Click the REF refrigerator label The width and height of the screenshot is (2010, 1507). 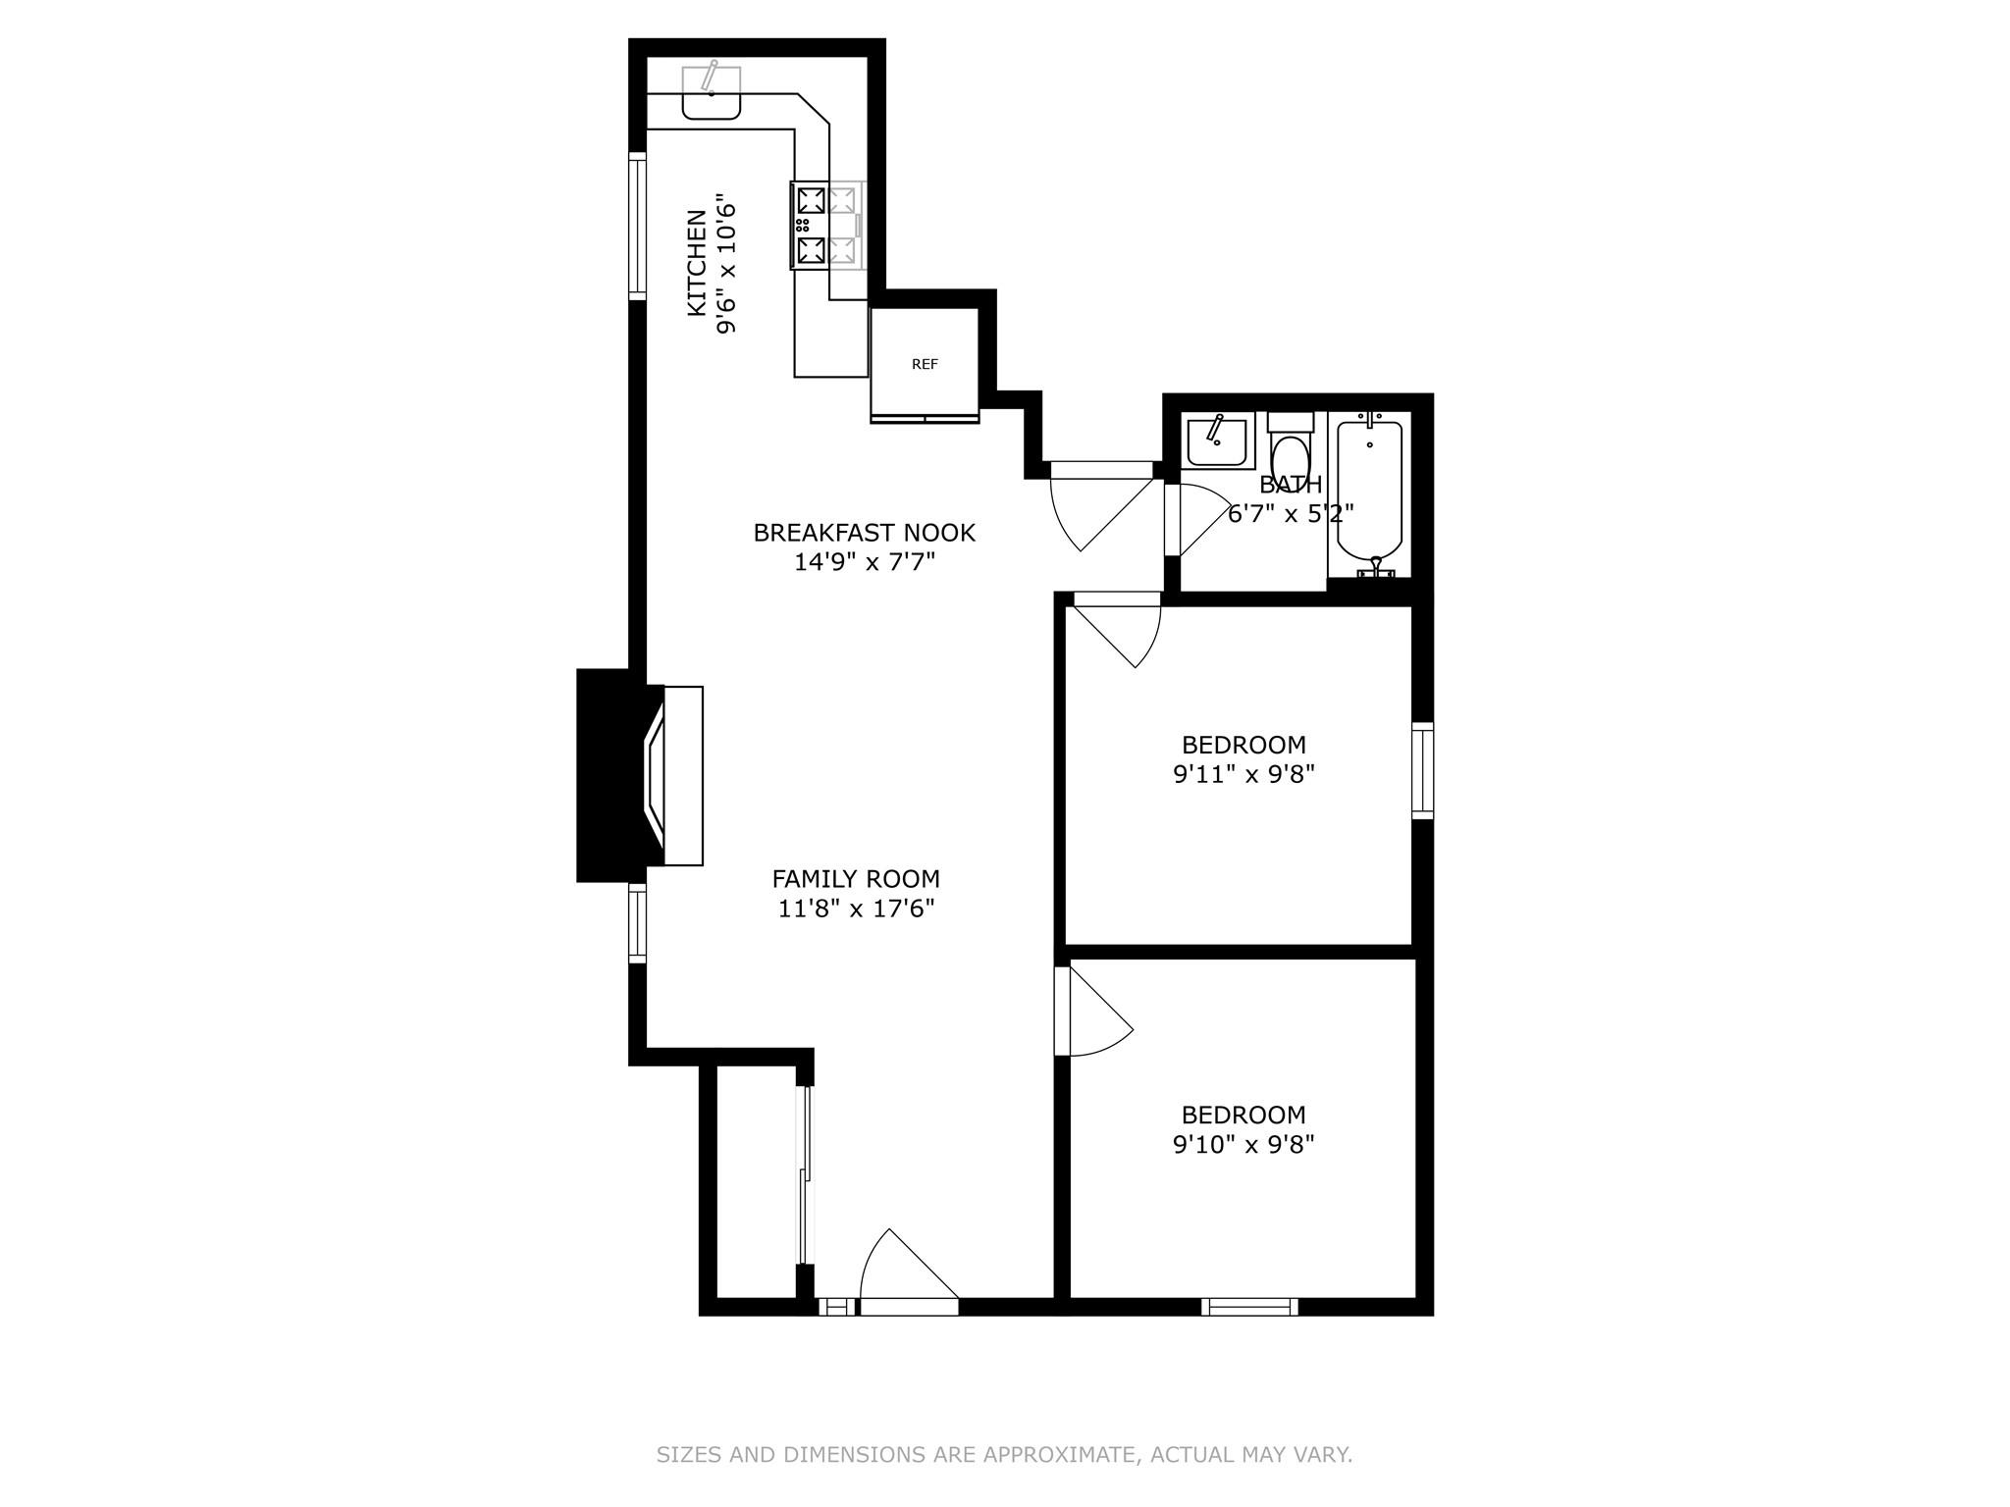(925, 364)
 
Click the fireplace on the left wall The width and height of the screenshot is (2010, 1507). (641, 775)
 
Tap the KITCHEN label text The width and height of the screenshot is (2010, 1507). (696, 263)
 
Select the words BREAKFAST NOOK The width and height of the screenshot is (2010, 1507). (864, 533)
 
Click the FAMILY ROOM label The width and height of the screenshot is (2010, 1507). (856, 879)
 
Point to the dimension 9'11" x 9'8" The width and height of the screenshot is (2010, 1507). (1243, 774)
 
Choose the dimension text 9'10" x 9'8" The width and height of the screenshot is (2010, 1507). (1243, 1144)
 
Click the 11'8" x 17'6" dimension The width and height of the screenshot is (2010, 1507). (856, 909)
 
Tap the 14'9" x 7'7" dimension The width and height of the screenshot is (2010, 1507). (864, 562)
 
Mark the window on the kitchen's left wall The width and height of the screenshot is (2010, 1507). (638, 227)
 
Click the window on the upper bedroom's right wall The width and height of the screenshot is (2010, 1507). (1422, 770)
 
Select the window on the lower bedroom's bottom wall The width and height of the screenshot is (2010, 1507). (1249, 1306)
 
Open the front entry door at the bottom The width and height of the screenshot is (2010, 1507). (909, 1272)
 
